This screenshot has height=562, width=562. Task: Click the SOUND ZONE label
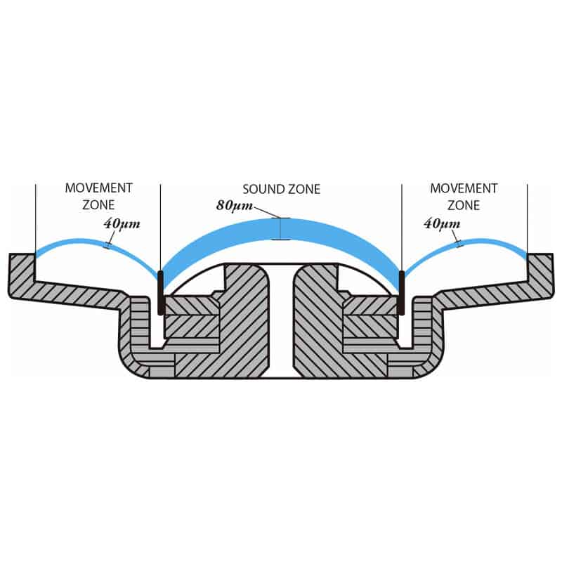281,189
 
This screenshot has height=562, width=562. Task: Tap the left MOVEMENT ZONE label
98,197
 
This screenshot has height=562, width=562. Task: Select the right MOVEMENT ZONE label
464,197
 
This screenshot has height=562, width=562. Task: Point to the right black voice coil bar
401,292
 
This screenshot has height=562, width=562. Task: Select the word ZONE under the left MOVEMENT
98,205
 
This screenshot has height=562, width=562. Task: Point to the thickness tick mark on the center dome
280,228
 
